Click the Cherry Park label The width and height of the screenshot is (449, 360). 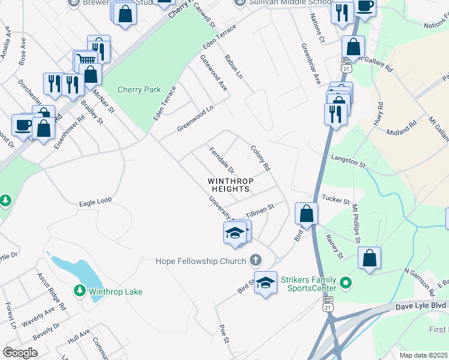pyautogui.click(x=139, y=89)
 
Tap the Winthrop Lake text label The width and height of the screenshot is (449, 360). pyautogui.click(x=116, y=292)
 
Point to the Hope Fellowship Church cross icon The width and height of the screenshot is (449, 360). pyautogui.click(x=256, y=260)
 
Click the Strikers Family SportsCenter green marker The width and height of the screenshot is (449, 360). pyautogui.click(x=345, y=281)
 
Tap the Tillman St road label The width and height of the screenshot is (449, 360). pyautogui.click(x=259, y=209)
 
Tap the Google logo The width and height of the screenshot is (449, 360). pyautogui.click(x=20, y=352)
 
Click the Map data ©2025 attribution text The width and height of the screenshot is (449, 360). pyautogui.click(x=423, y=355)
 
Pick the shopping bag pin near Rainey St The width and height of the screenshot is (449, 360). pyautogui.click(x=370, y=258)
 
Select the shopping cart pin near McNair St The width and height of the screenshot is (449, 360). pyautogui.click(x=85, y=60)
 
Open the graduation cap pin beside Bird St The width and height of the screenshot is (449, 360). pyautogui.click(x=265, y=283)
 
